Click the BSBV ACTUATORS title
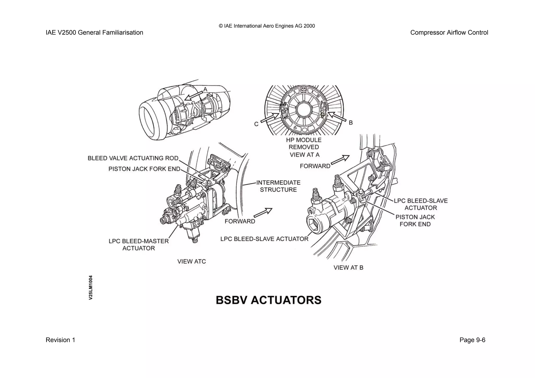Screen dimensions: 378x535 [269, 300]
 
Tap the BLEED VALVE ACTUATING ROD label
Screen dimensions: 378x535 [133, 158]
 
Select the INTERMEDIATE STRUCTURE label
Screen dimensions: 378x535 [278, 186]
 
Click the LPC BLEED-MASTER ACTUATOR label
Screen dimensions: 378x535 [139, 245]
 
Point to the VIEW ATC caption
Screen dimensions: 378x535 [191, 261]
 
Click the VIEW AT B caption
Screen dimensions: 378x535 [348, 267]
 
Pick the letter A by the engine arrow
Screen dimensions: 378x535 [205, 90]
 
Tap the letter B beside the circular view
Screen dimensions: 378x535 [351, 123]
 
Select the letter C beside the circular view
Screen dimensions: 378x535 [256, 124]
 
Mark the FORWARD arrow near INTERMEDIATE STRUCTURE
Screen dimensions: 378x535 [263, 213]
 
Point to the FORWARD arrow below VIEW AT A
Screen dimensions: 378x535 [340, 160]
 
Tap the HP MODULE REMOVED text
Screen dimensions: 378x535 [304, 143]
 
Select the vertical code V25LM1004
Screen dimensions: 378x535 [91, 287]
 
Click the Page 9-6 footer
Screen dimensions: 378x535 [472, 340]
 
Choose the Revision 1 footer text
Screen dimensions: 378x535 [60, 340]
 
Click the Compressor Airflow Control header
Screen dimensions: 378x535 [449, 33]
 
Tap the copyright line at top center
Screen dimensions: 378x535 [267, 26]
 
